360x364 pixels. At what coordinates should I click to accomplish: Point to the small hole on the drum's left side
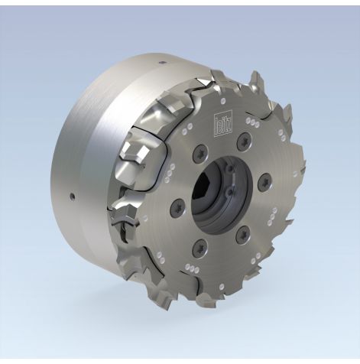click(x=71, y=197)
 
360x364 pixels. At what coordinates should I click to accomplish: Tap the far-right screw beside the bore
click(x=264, y=182)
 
